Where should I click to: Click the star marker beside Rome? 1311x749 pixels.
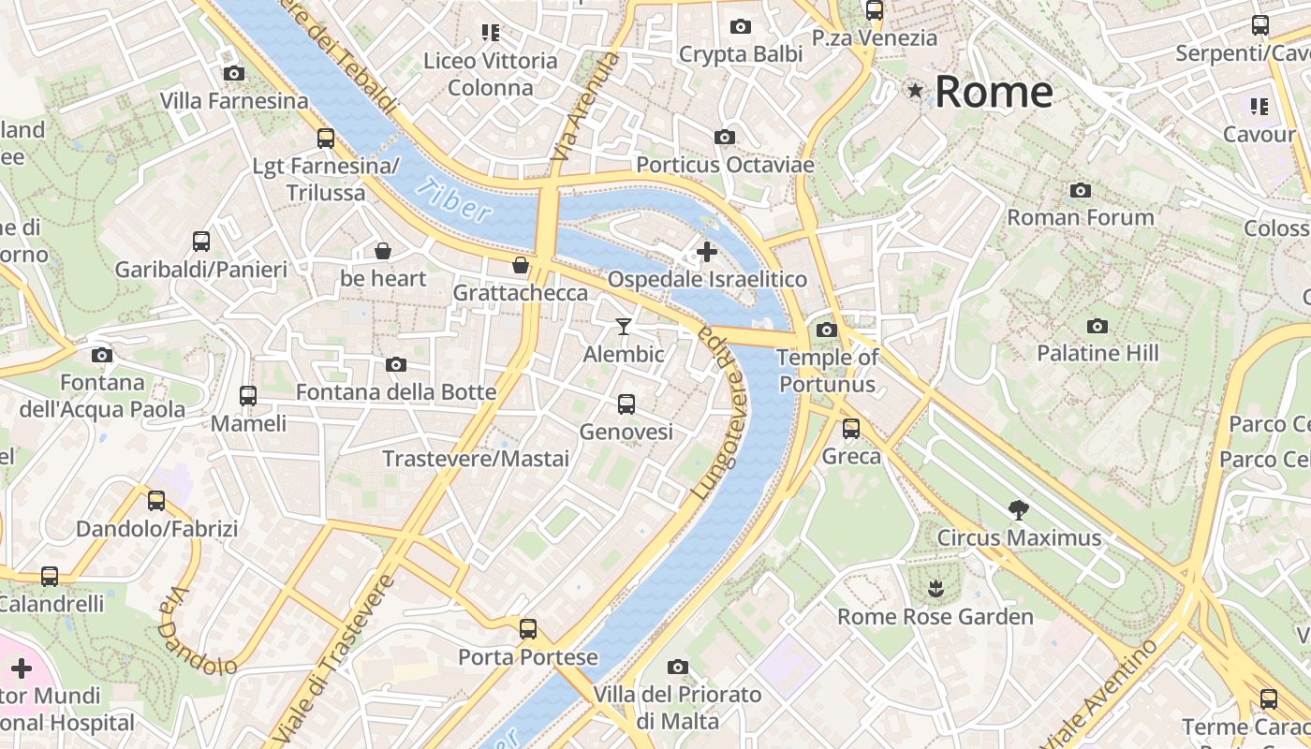(915, 91)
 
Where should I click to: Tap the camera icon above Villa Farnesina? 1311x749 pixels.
(234, 73)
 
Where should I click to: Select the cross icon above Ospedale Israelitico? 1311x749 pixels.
(707, 251)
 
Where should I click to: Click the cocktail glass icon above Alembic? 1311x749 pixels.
(624, 326)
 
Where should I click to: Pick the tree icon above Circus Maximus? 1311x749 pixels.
(1019, 510)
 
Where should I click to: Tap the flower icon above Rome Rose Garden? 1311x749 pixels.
(935, 589)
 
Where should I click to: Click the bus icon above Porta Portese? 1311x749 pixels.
(528, 628)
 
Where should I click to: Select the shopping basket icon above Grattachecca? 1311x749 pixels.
(521, 265)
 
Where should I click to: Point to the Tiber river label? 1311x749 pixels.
(453, 198)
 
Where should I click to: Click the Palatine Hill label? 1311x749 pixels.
(1097, 353)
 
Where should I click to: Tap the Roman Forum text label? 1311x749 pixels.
(1081, 217)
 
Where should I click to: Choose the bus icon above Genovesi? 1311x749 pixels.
(626, 404)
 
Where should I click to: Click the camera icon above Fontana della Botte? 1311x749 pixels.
(396, 364)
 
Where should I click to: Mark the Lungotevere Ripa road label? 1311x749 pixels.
(721, 412)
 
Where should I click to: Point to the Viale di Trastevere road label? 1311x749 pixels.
(332, 655)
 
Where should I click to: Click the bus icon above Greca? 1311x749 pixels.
(851, 429)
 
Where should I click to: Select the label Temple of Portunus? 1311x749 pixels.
(828, 371)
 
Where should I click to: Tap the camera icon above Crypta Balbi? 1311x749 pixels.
(741, 26)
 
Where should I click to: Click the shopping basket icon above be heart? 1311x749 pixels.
(383, 251)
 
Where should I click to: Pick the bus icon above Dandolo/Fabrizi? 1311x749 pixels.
(156, 501)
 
